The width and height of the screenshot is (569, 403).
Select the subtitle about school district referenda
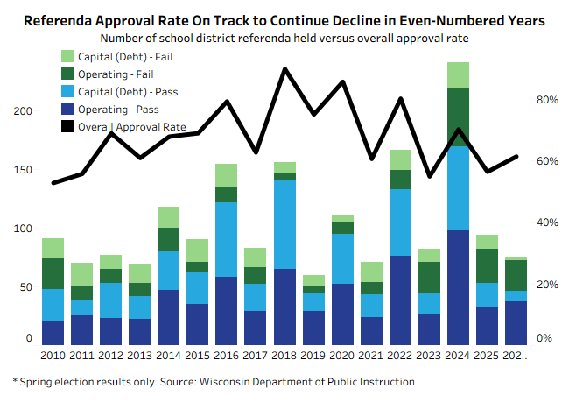click(284, 38)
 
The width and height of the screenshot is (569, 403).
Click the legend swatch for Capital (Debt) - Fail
click(67, 57)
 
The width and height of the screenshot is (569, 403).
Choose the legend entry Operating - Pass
click(118, 110)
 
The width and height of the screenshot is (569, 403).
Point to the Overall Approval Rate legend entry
click(132, 127)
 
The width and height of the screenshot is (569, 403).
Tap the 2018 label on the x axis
click(285, 357)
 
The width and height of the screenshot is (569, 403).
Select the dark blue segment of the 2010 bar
click(53, 332)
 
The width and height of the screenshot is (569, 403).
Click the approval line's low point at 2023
click(429, 176)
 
